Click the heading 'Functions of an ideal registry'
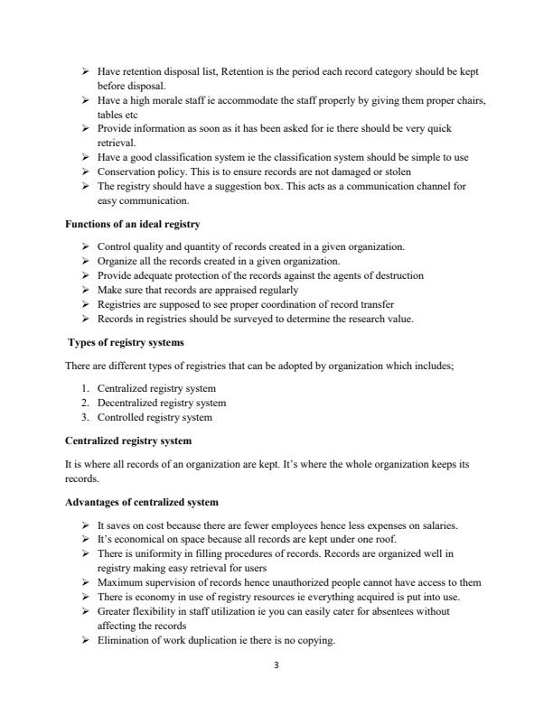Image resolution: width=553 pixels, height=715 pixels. coord(133,223)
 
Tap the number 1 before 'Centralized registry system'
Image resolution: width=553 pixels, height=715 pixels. coord(85,388)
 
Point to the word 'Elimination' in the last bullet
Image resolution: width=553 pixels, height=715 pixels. coord(122,640)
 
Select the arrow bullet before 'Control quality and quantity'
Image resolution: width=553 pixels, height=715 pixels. coord(84,246)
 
